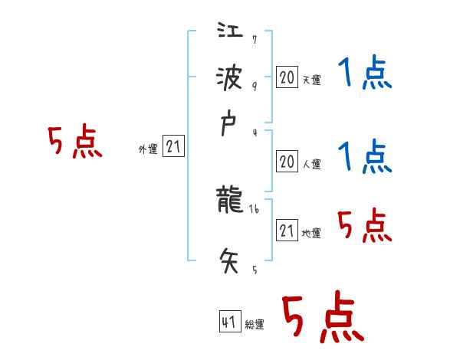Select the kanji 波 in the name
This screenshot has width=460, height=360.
230,78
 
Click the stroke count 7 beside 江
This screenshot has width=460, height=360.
255,40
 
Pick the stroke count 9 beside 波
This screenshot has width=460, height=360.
255,86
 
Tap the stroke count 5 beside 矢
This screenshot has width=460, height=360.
255,270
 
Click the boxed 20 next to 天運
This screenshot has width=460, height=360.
286,77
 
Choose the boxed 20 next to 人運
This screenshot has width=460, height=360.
286,162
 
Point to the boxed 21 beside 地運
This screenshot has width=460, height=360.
287,231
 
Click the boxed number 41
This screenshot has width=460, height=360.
228,322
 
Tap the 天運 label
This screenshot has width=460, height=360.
310,79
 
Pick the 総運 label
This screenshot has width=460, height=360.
255,325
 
